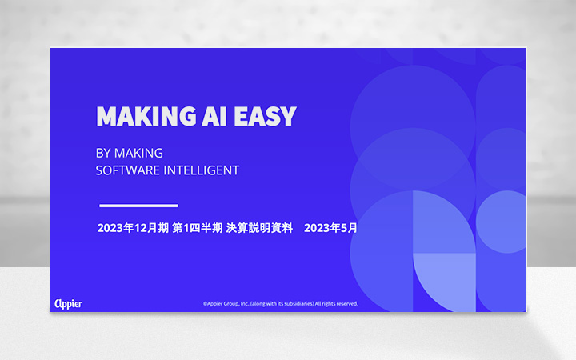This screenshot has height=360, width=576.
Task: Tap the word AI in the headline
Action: (214, 116)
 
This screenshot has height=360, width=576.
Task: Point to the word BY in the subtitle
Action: (102, 153)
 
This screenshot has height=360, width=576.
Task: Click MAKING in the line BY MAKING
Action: (139, 153)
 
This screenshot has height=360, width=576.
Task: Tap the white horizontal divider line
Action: (138, 206)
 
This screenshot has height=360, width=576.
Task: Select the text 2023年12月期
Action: (132, 228)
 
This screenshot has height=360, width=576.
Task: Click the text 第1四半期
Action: (199, 228)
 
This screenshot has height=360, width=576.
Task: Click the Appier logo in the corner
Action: (68, 303)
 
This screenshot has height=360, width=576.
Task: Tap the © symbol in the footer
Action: (205, 304)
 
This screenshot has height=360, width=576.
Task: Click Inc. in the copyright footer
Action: (244, 304)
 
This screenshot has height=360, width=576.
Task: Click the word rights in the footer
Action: (327, 304)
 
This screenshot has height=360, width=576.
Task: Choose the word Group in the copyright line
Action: (231, 304)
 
